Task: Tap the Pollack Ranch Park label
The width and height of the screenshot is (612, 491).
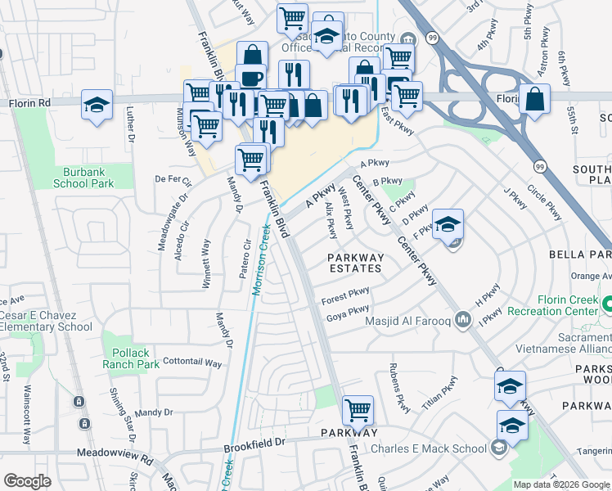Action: point(131,358)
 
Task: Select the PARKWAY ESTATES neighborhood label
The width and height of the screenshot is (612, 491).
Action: point(355,262)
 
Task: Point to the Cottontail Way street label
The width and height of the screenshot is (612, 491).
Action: point(192,362)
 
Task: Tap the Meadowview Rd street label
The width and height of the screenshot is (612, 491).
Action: point(115,452)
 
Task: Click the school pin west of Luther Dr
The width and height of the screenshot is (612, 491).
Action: point(97,105)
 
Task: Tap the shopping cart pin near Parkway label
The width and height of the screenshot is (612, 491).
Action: point(358,411)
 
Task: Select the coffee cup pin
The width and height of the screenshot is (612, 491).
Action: point(251,79)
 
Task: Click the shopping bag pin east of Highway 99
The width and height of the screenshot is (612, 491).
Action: point(534,100)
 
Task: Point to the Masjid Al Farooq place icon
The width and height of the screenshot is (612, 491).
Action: point(464,318)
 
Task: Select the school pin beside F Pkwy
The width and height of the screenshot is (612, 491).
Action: point(448,224)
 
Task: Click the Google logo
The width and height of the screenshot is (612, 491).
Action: point(28,481)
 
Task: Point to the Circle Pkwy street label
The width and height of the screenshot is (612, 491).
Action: point(544,202)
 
